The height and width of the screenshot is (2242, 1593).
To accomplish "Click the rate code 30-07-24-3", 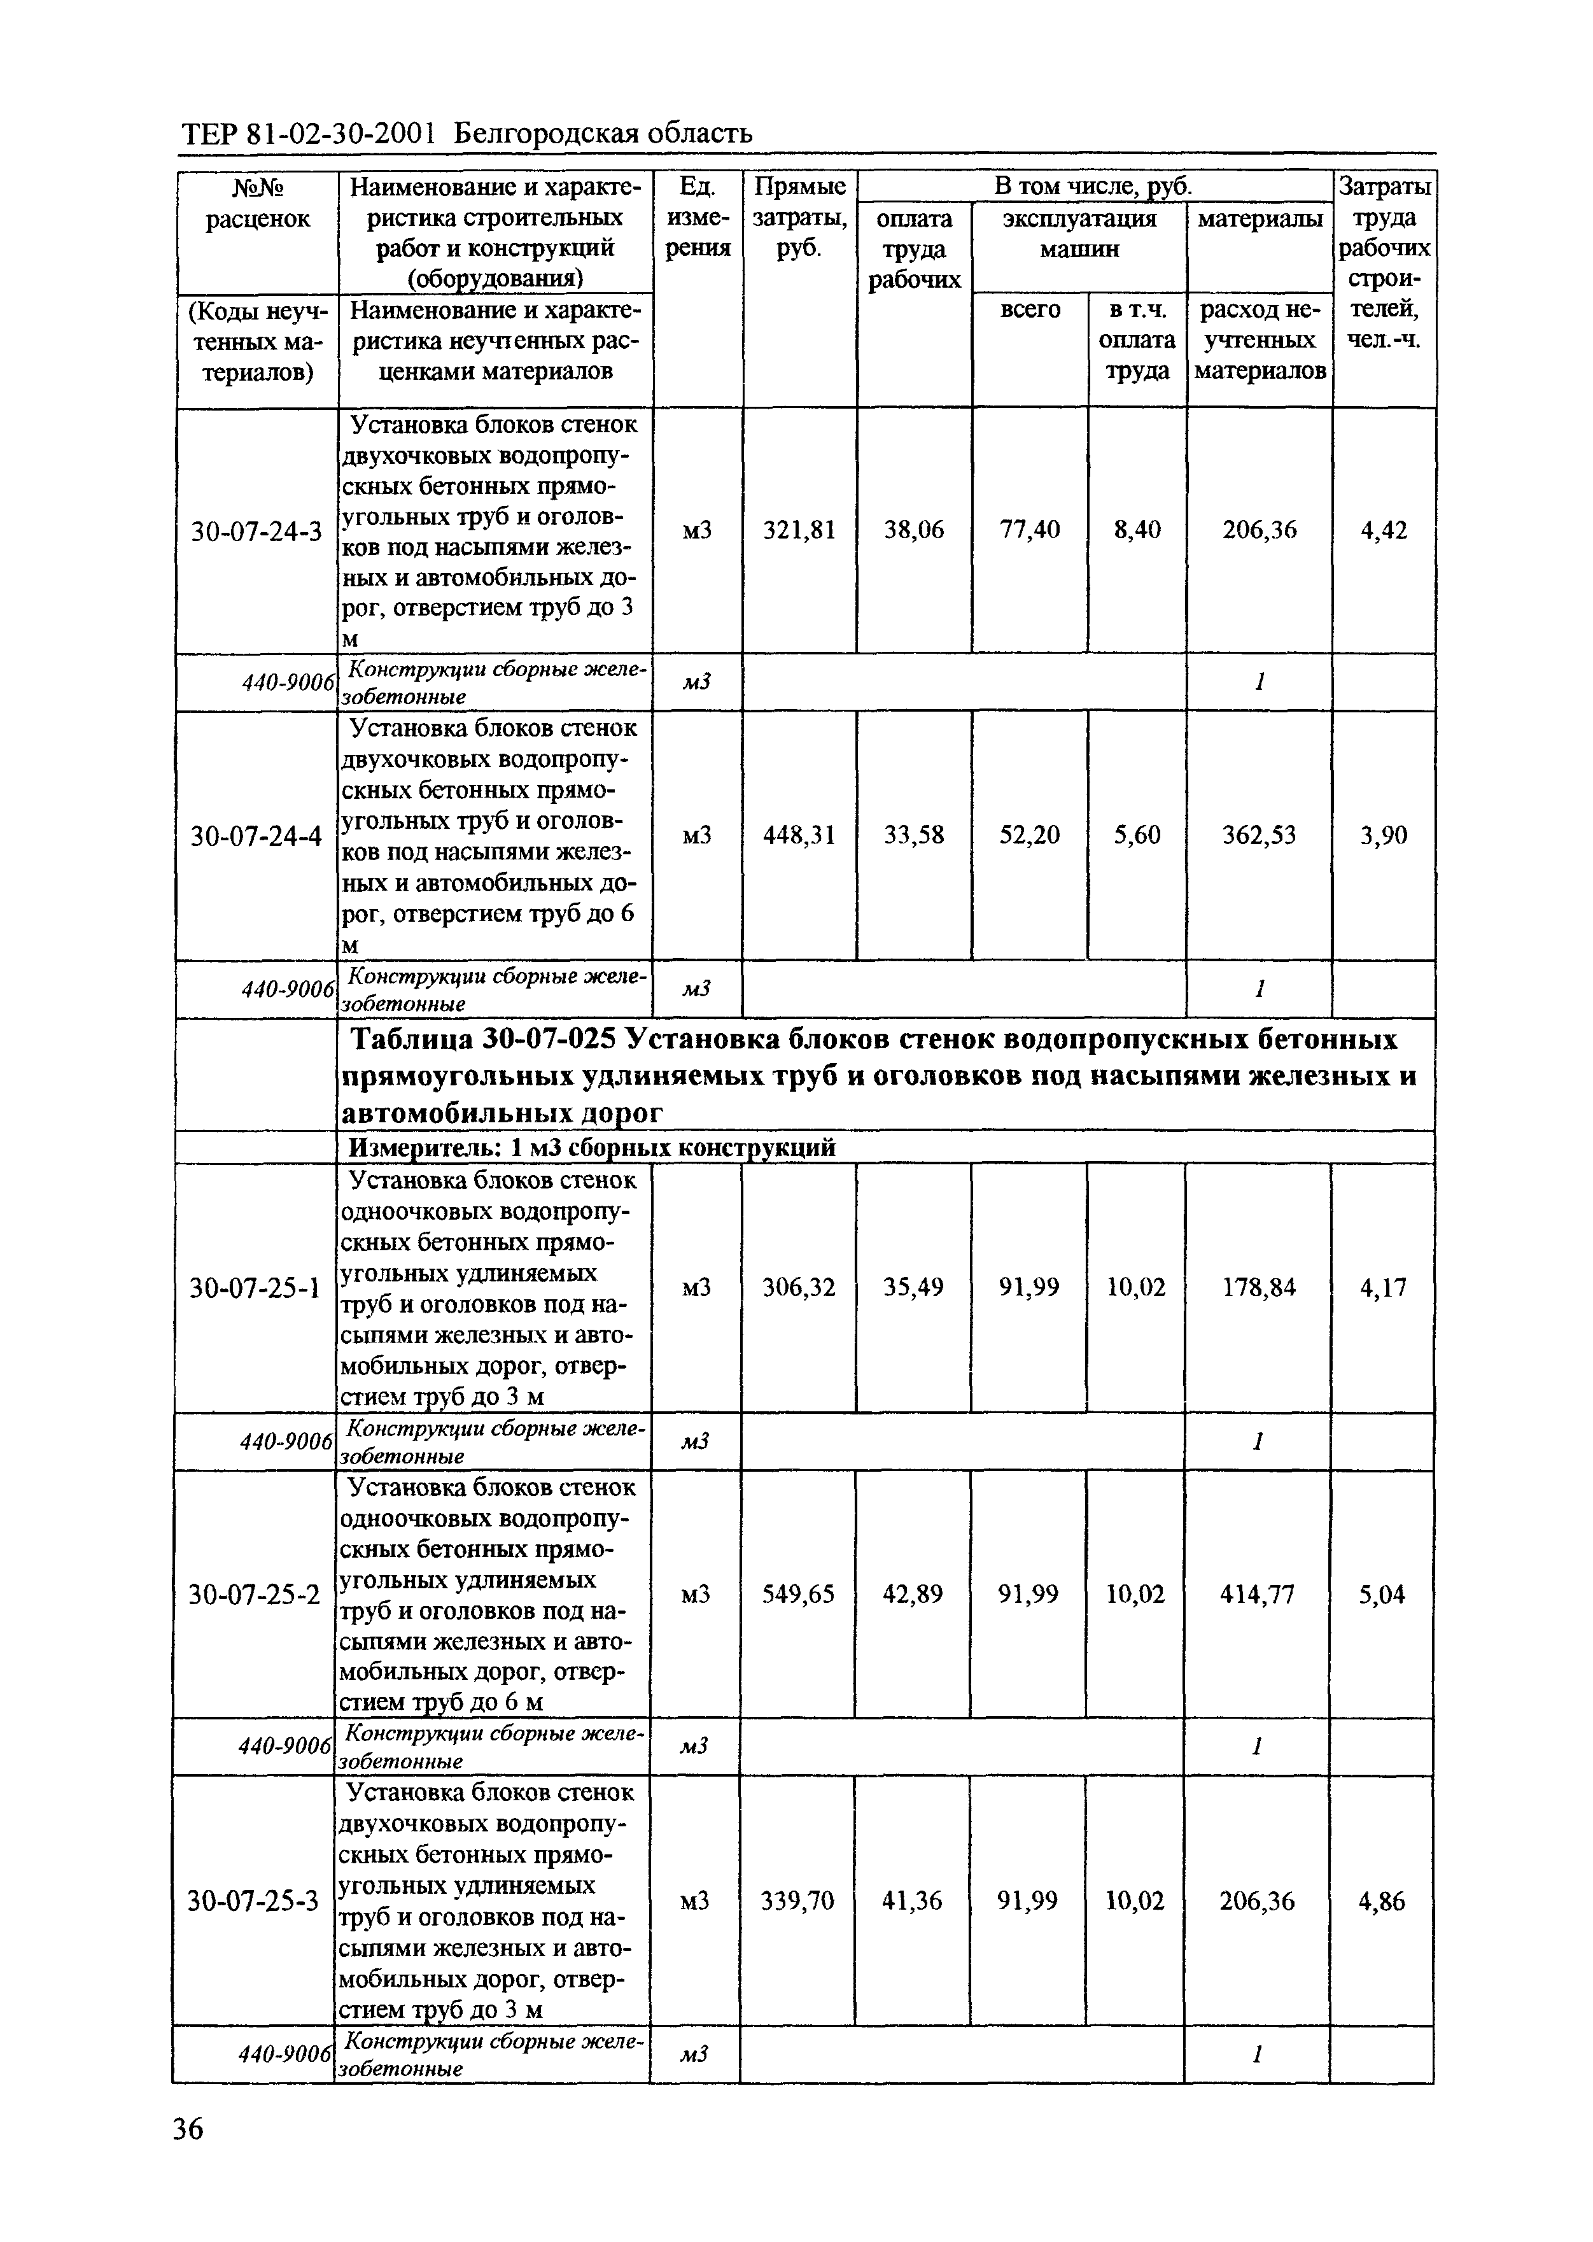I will (x=256, y=532).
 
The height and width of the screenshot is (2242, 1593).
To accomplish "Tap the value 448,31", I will (x=799, y=835).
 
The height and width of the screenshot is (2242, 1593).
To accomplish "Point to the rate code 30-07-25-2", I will (x=254, y=1595).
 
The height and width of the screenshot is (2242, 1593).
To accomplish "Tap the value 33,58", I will (x=914, y=835).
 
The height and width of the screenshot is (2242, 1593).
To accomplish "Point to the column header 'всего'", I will (x=1029, y=310).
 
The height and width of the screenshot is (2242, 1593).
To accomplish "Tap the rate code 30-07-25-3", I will (x=254, y=1901).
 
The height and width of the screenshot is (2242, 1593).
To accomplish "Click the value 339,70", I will (x=797, y=1901).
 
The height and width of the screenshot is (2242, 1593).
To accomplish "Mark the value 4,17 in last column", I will (x=1382, y=1287).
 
